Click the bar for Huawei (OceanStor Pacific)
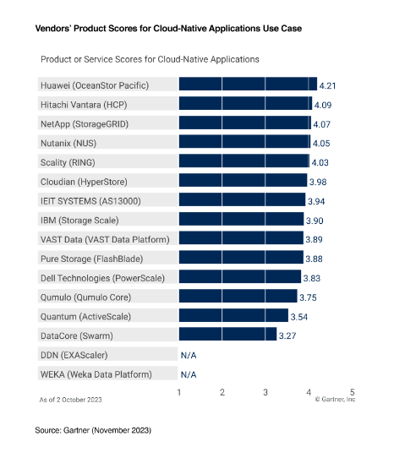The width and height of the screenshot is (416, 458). (x=248, y=85)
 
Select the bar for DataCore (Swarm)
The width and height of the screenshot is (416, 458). (x=227, y=335)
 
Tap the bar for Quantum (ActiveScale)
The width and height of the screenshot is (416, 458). (x=233, y=316)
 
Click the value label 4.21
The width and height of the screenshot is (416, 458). (x=329, y=85)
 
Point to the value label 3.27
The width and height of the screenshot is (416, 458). (x=288, y=335)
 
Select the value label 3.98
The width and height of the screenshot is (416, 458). (x=319, y=182)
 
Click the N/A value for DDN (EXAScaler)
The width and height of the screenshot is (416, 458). (x=188, y=355)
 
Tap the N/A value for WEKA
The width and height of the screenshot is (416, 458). (x=188, y=374)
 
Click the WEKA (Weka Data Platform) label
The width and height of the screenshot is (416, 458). (x=96, y=374)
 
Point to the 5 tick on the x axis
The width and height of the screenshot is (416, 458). (x=352, y=392)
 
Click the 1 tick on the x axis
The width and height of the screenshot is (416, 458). (x=179, y=392)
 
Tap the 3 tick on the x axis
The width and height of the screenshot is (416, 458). (x=265, y=392)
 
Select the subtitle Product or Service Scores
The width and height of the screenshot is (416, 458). (x=149, y=60)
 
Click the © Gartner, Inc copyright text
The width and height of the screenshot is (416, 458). (x=335, y=401)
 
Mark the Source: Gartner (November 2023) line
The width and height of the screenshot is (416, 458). (x=93, y=431)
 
